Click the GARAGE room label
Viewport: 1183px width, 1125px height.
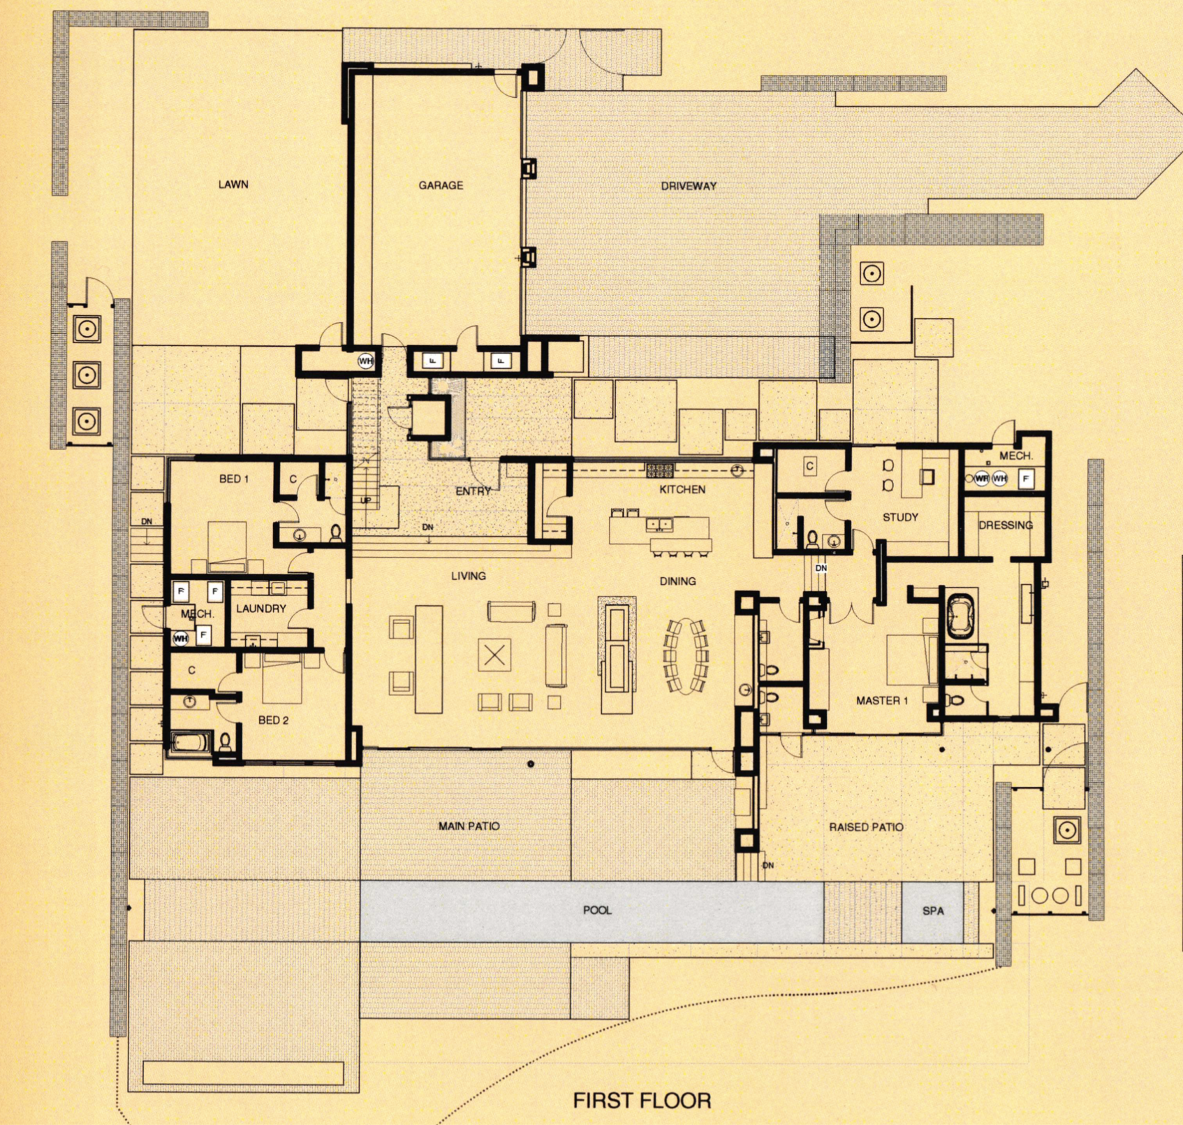[441, 185]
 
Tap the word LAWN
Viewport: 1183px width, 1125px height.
[233, 184]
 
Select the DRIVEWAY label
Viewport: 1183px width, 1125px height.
[689, 186]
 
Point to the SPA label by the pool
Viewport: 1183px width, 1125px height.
[933, 911]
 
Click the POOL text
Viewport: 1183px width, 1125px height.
[597, 910]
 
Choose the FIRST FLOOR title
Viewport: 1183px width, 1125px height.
[642, 1101]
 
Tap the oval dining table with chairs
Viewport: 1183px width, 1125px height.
[686, 656]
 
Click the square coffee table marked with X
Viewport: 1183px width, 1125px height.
[494, 655]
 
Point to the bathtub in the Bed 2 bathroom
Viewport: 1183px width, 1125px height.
[191, 742]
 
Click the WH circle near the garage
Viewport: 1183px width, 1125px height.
[366, 361]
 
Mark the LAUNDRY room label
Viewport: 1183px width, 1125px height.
[261, 609]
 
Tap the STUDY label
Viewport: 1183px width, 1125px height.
[900, 518]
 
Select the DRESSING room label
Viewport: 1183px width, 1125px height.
[1006, 525]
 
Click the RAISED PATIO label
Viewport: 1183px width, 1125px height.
[866, 827]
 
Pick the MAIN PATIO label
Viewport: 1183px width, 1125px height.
[469, 826]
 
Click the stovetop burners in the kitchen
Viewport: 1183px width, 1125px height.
[660, 470]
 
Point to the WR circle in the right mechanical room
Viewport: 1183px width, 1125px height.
[982, 479]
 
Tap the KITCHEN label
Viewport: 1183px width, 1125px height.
[682, 490]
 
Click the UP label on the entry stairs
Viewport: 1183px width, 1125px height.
[365, 501]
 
